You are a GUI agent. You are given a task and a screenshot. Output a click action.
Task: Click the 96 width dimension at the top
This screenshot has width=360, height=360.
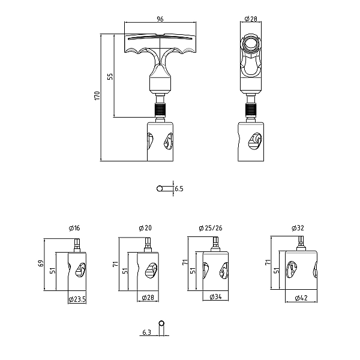(160, 19)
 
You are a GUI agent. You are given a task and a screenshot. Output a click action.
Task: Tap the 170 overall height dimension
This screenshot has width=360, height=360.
(97, 95)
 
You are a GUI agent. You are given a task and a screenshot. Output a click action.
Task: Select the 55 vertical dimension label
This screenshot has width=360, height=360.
(110, 76)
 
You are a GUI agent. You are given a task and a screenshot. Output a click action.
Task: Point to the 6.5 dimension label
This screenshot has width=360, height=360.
(179, 189)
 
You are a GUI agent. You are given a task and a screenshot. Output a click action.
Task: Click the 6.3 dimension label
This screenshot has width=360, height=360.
(147, 332)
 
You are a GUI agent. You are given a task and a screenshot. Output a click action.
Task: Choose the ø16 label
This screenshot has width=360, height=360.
(74, 228)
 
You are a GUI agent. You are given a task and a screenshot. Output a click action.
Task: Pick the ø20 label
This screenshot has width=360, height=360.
(145, 228)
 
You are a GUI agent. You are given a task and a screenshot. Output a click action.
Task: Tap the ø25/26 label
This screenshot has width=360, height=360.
(211, 228)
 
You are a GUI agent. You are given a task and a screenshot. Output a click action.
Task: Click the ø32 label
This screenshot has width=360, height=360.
(298, 228)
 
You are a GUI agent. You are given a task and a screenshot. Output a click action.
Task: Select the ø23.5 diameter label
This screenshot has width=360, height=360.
(77, 299)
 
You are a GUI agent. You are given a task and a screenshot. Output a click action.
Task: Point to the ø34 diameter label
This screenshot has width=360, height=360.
(216, 297)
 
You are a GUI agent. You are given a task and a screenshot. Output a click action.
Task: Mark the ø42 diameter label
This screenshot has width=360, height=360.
(301, 298)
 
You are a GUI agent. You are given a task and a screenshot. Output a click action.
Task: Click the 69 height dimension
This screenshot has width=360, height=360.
(41, 263)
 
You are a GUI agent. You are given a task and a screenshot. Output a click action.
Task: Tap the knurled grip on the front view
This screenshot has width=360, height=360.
(160, 110)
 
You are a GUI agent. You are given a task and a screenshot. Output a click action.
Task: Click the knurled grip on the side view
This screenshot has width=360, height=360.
(251, 110)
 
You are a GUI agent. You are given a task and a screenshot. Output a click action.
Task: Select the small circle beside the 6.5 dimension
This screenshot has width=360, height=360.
(160, 189)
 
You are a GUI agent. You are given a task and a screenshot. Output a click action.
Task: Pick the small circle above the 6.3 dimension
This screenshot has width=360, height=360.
(161, 323)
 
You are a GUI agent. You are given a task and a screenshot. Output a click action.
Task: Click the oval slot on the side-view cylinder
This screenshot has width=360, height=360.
(255, 141)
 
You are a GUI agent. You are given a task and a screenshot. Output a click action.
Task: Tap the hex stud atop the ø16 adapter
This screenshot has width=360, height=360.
(77, 245)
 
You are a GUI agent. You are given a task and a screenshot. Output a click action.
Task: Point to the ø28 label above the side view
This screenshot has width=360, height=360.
(251, 19)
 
